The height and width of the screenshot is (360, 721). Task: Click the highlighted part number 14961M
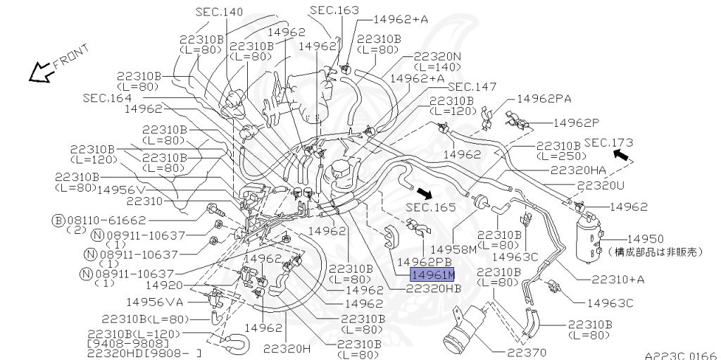(433, 275)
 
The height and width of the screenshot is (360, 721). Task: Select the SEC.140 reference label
(220, 12)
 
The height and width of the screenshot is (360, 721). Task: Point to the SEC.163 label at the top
(334, 11)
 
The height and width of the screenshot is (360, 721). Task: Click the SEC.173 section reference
(609, 142)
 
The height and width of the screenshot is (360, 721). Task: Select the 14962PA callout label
(544, 99)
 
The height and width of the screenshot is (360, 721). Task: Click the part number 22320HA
(578, 170)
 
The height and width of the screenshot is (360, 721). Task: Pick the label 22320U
(601, 185)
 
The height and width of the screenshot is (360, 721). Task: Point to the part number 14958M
(453, 249)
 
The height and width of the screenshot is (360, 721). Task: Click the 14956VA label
(154, 302)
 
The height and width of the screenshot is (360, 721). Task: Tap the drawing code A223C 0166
(680, 355)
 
